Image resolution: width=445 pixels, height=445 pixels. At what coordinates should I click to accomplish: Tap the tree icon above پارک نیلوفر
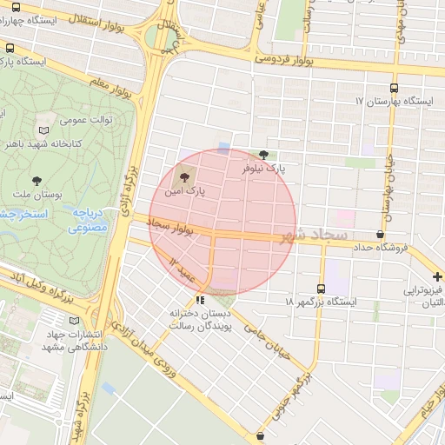click(263, 154)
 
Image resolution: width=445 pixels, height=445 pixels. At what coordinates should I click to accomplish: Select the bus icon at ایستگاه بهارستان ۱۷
click(395, 88)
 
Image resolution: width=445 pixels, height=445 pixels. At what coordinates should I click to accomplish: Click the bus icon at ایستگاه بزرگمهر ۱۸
click(322, 288)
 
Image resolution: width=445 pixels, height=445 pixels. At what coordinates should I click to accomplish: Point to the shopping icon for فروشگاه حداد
click(380, 235)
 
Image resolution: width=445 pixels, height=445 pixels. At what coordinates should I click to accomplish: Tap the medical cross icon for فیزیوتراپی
click(437, 276)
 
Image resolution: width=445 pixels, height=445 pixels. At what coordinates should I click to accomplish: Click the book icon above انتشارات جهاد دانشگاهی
click(85, 322)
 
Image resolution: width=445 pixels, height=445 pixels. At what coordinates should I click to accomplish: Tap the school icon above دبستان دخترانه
click(201, 300)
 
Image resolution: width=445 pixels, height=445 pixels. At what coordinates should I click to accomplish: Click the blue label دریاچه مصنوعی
click(88, 221)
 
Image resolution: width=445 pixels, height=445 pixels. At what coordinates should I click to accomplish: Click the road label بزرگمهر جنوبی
click(296, 396)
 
